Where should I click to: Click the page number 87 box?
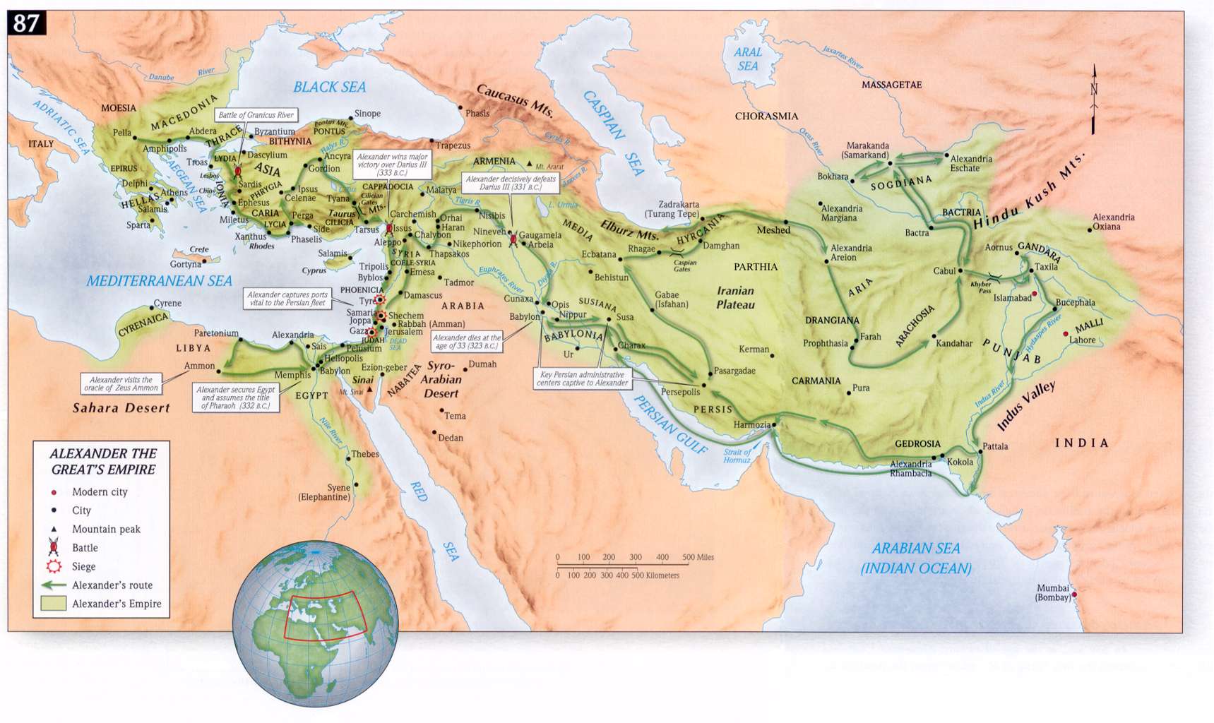tap(26, 23)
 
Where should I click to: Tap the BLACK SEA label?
tap(329, 87)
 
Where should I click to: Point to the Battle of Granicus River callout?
tap(256, 115)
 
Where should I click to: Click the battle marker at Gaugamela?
tap(513, 239)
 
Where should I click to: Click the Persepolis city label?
tap(680, 392)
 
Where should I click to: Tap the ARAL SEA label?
tap(748, 59)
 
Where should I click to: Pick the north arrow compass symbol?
tap(1094, 99)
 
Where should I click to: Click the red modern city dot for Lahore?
tap(1066, 334)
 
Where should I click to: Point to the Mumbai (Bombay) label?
tap(1053, 593)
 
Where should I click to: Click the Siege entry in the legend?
tap(83, 566)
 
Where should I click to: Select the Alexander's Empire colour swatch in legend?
tap(54, 604)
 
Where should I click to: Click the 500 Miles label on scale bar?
tap(698, 557)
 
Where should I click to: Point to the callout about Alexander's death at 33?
tap(468, 342)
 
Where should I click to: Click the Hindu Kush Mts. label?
tap(1029, 193)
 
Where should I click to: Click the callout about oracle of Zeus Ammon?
tap(121, 383)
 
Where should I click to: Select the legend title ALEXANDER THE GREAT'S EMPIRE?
tap(102, 461)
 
